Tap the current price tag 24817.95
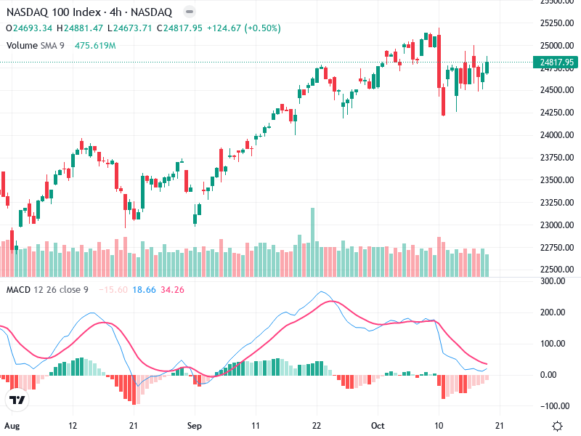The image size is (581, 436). click(558, 62)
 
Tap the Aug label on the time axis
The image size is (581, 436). click(10, 425)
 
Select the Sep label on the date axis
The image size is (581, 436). click(193, 425)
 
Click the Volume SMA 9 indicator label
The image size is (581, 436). click(37, 46)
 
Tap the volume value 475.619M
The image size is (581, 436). click(95, 46)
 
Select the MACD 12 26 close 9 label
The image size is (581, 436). click(48, 290)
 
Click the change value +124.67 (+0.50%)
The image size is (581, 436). click(243, 28)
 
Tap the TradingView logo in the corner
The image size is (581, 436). click(17, 400)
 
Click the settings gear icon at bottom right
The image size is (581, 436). click(557, 426)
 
